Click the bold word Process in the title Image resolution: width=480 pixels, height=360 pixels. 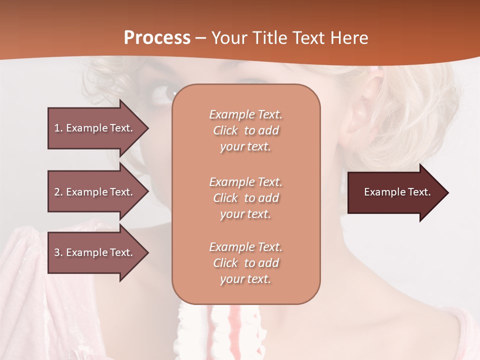[x=157, y=38]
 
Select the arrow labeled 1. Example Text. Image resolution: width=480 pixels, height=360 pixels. [x=95, y=128]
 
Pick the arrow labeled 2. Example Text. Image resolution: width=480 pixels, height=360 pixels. [x=95, y=192]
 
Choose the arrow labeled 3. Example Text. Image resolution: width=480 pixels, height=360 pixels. [x=95, y=252]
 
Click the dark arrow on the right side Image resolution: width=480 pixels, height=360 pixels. [x=395, y=192]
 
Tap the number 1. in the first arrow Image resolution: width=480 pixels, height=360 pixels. [x=58, y=128]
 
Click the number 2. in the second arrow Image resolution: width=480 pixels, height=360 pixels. [x=58, y=192]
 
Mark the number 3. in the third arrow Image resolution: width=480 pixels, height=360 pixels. [x=58, y=252]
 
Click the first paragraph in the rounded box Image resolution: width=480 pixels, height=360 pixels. [x=245, y=130]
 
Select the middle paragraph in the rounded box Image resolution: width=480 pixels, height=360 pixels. [x=245, y=198]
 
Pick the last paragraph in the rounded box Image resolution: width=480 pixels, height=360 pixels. [x=245, y=263]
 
